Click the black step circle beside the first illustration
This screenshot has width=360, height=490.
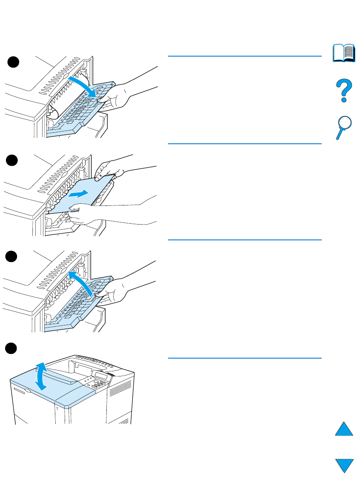click(x=13, y=62)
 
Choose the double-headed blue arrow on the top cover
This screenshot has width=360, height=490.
click(x=40, y=376)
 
